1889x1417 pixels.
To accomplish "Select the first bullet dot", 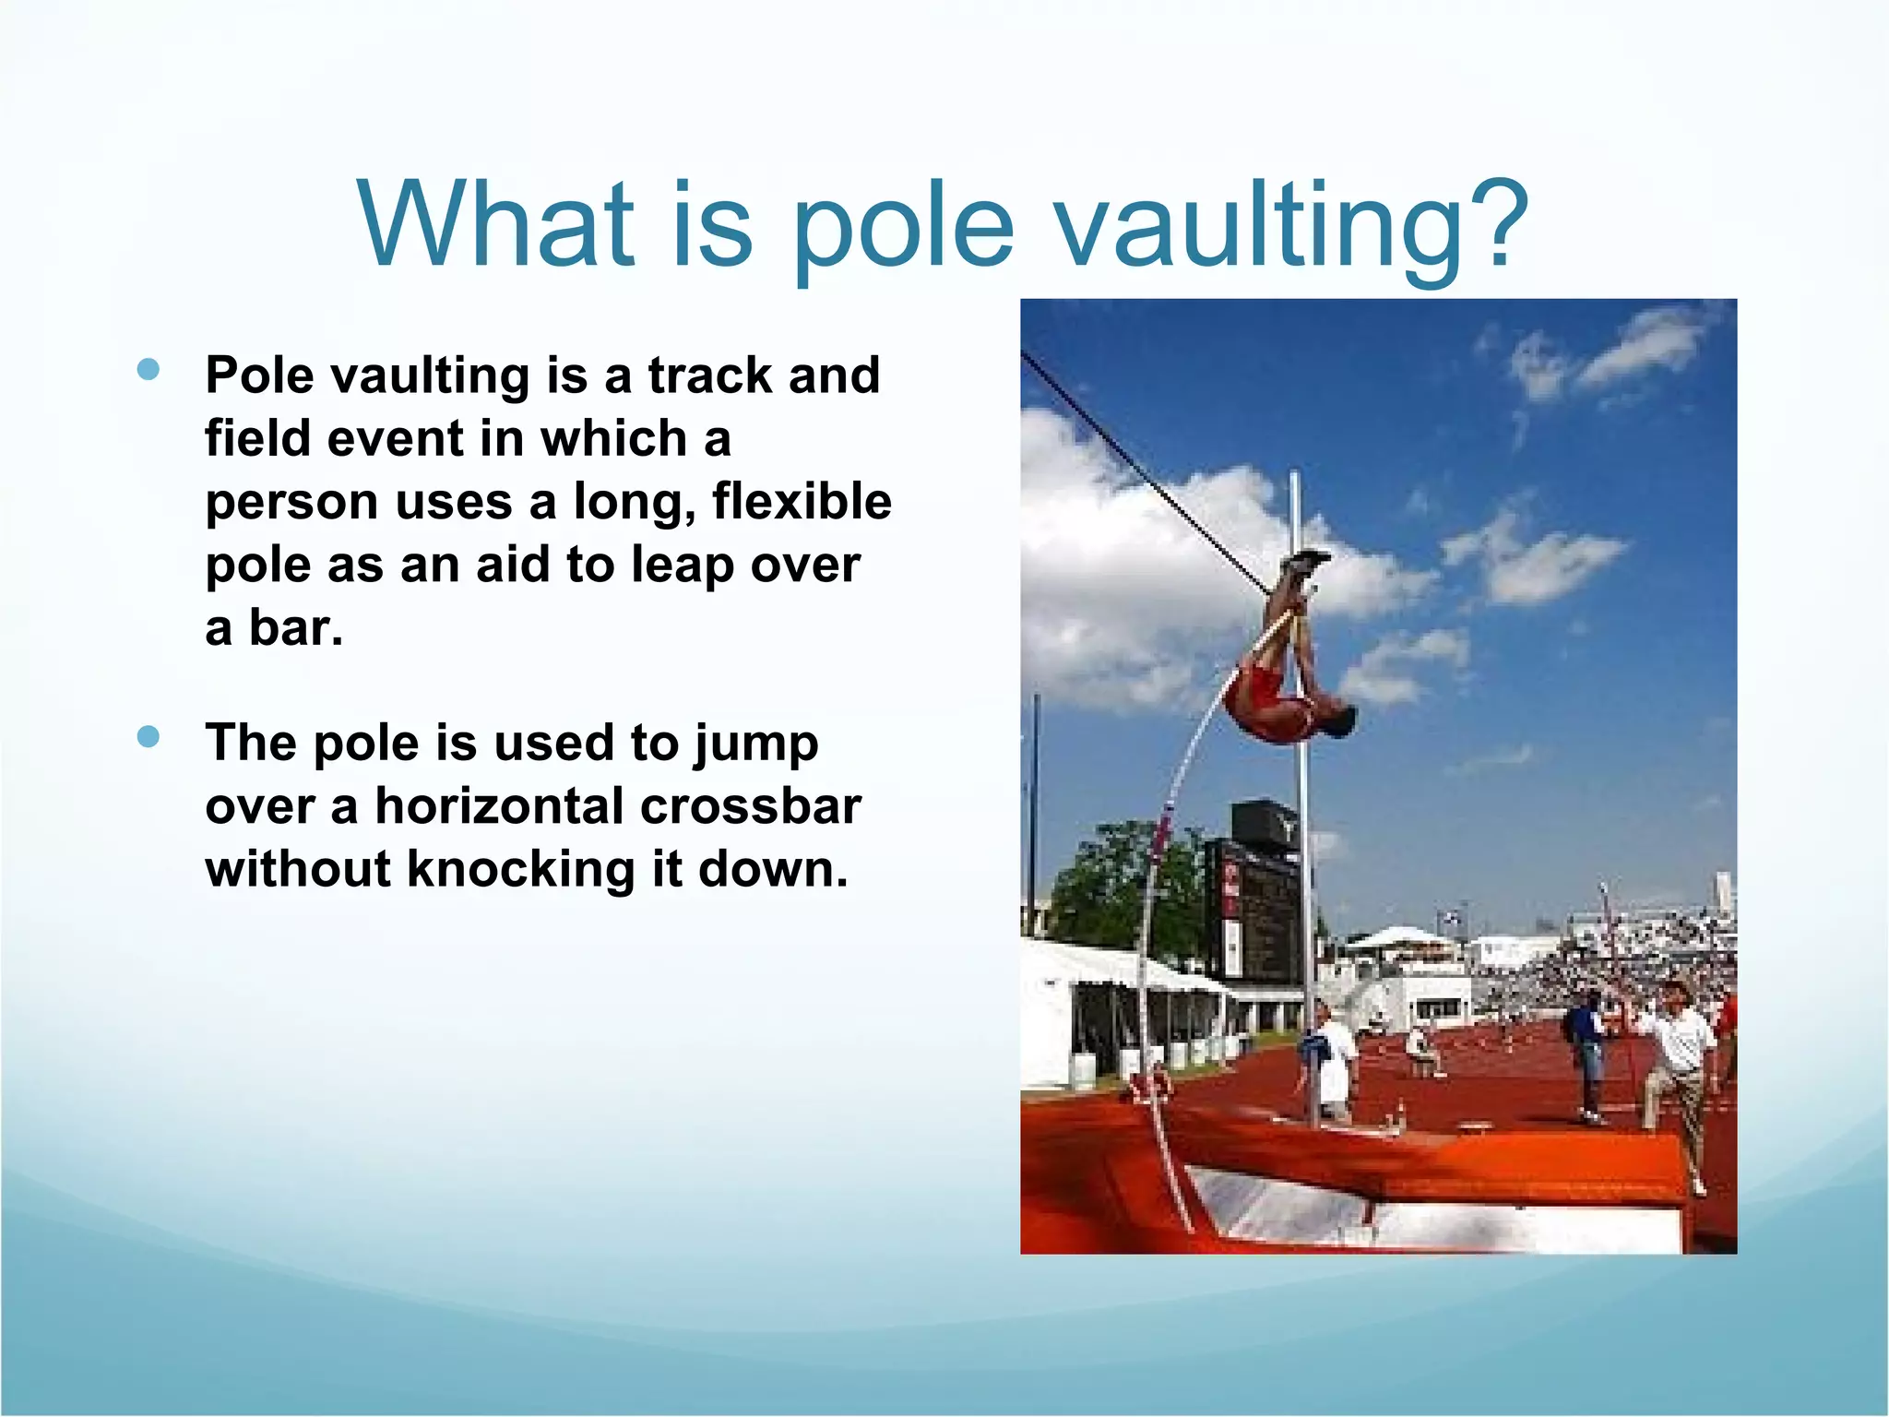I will (x=148, y=370).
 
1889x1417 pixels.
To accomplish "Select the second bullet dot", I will (x=148, y=737).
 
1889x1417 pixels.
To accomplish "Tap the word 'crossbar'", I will (x=751, y=805).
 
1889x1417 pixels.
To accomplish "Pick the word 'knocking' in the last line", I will (x=521, y=869).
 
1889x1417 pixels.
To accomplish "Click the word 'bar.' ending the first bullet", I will (x=296, y=628).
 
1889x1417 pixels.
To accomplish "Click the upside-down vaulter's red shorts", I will (x=1258, y=693).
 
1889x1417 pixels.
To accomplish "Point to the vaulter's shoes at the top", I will (x=1304, y=561).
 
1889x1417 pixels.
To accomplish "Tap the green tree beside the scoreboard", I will (x=1125, y=886).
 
